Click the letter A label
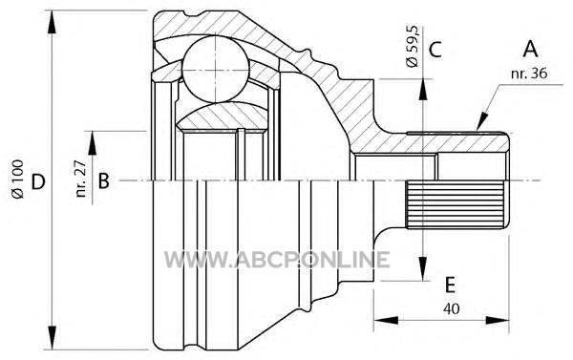530,49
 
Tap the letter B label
104,180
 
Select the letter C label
435,50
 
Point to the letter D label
38,181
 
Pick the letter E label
450,286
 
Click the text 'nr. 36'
529,74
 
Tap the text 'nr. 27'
81,179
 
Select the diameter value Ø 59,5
413,47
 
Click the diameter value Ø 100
17,180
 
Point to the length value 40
452,308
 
